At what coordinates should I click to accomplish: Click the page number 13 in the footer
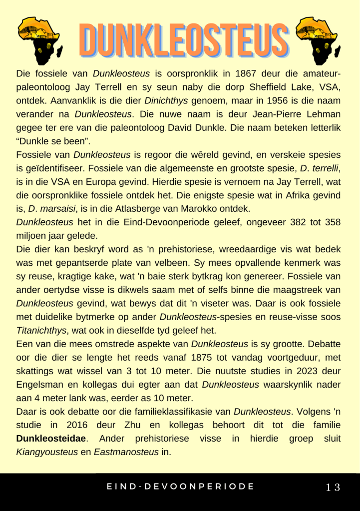point(333,487)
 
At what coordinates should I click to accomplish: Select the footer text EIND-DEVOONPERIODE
point(180,487)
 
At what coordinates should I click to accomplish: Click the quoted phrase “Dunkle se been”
point(49,140)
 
